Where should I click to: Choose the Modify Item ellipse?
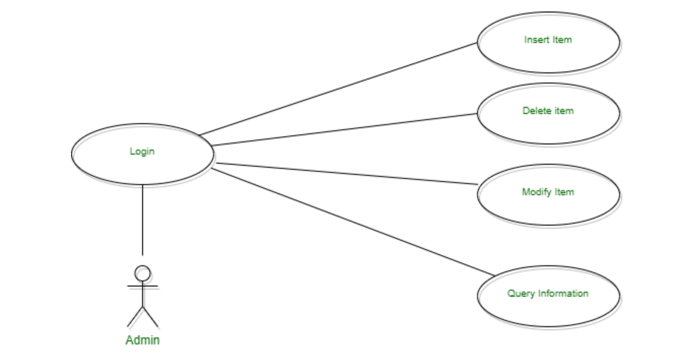[x=548, y=208]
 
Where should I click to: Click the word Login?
[x=142, y=152]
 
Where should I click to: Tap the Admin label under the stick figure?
[x=143, y=340]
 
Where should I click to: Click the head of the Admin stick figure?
[x=143, y=272]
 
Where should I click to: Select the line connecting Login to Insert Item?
[x=338, y=89]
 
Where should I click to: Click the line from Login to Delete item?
[x=345, y=129]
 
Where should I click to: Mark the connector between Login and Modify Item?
[x=345, y=173]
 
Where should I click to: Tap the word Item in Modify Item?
[x=564, y=192]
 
